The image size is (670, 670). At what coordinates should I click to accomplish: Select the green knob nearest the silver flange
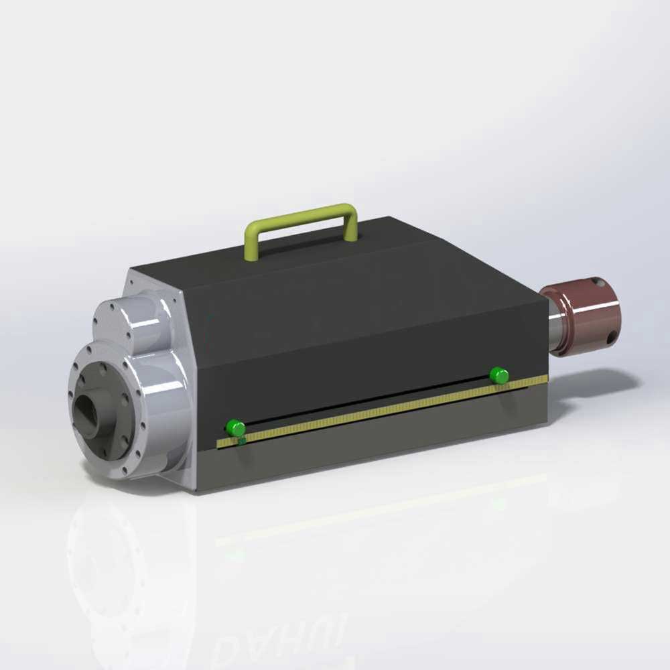click(x=235, y=427)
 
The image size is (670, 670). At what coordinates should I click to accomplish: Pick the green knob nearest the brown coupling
click(x=499, y=375)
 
